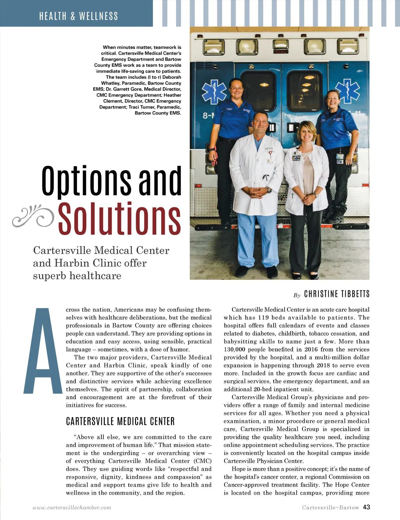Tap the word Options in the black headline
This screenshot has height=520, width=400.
pyautogui.click(x=86, y=181)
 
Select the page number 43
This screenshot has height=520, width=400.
pyautogui.click(x=366, y=507)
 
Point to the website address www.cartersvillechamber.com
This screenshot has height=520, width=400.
pyautogui.click(x=72, y=508)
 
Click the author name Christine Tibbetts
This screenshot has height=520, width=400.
pyautogui.click(x=337, y=294)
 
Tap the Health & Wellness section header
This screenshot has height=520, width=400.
pyautogui.click(x=79, y=16)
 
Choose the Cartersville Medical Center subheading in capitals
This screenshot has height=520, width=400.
pyautogui.click(x=120, y=422)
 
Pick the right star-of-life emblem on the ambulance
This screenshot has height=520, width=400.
pyautogui.click(x=347, y=91)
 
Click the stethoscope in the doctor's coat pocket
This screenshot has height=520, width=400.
pyautogui.click(x=265, y=177)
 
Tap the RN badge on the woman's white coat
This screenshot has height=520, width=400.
pyautogui.click(x=296, y=157)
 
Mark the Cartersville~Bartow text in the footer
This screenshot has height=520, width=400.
pyautogui.click(x=330, y=508)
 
